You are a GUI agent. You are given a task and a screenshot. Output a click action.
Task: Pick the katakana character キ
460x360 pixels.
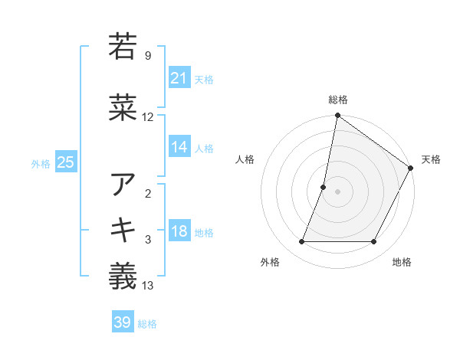(x=123, y=231)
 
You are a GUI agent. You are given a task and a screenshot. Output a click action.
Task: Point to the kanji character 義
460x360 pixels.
(x=123, y=277)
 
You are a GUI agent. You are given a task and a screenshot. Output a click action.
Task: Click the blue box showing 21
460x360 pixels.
(x=179, y=78)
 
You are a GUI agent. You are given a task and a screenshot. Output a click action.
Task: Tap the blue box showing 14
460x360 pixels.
(x=179, y=148)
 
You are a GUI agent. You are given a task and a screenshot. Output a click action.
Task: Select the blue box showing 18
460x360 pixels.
(x=179, y=232)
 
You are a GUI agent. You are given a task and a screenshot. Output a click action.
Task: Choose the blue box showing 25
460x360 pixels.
(x=65, y=162)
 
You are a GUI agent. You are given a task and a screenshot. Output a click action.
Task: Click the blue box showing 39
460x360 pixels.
(x=122, y=322)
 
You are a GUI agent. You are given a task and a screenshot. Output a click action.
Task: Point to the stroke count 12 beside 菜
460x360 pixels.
(x=148, y=117)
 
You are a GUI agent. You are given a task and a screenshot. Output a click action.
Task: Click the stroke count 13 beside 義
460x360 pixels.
(x=148, y=286)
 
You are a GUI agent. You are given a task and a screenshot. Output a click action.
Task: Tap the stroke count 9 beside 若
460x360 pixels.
(x=148, y=55)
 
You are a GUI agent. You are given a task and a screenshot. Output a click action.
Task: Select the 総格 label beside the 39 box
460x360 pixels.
(x=147, y=324)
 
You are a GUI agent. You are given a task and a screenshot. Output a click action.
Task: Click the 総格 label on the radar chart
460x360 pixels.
(x=337, y=100)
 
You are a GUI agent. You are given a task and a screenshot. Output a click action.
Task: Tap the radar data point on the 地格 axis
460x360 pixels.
(x=374, y=242)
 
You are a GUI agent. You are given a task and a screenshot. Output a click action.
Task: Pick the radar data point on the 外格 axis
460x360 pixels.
(x=301, y=242)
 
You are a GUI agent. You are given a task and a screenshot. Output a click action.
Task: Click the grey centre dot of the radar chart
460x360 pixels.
(x=337, y=191)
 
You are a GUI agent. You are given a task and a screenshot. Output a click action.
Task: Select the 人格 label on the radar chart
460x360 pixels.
(x=245, y=159)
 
